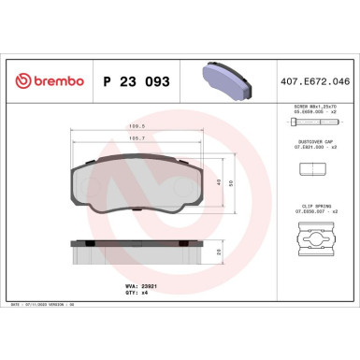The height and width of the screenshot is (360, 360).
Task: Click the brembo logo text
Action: point(51,82)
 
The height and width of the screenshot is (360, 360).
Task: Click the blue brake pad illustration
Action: point(222,79)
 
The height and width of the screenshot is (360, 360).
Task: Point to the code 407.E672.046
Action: point(318,82)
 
